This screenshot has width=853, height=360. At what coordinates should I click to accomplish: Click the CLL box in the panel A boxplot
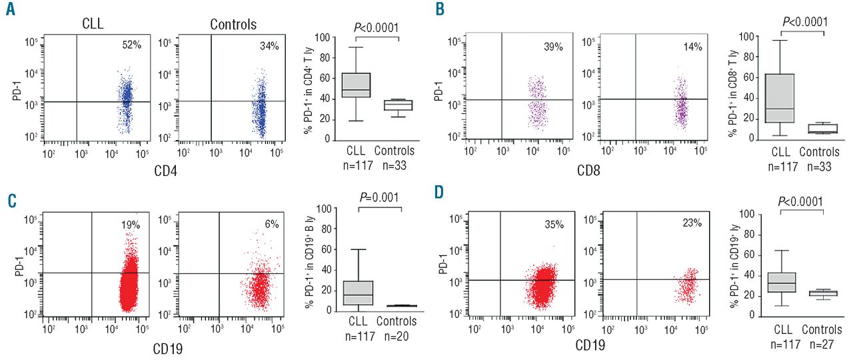(x=355, y=85)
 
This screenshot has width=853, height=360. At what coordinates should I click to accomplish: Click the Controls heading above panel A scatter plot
(x=233, y=25)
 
